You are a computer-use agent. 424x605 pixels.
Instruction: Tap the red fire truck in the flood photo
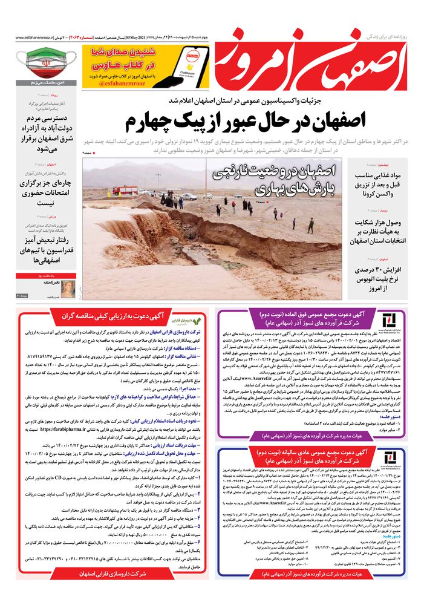[125, 191]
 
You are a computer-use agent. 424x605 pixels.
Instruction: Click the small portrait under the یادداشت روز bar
[69, 288]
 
